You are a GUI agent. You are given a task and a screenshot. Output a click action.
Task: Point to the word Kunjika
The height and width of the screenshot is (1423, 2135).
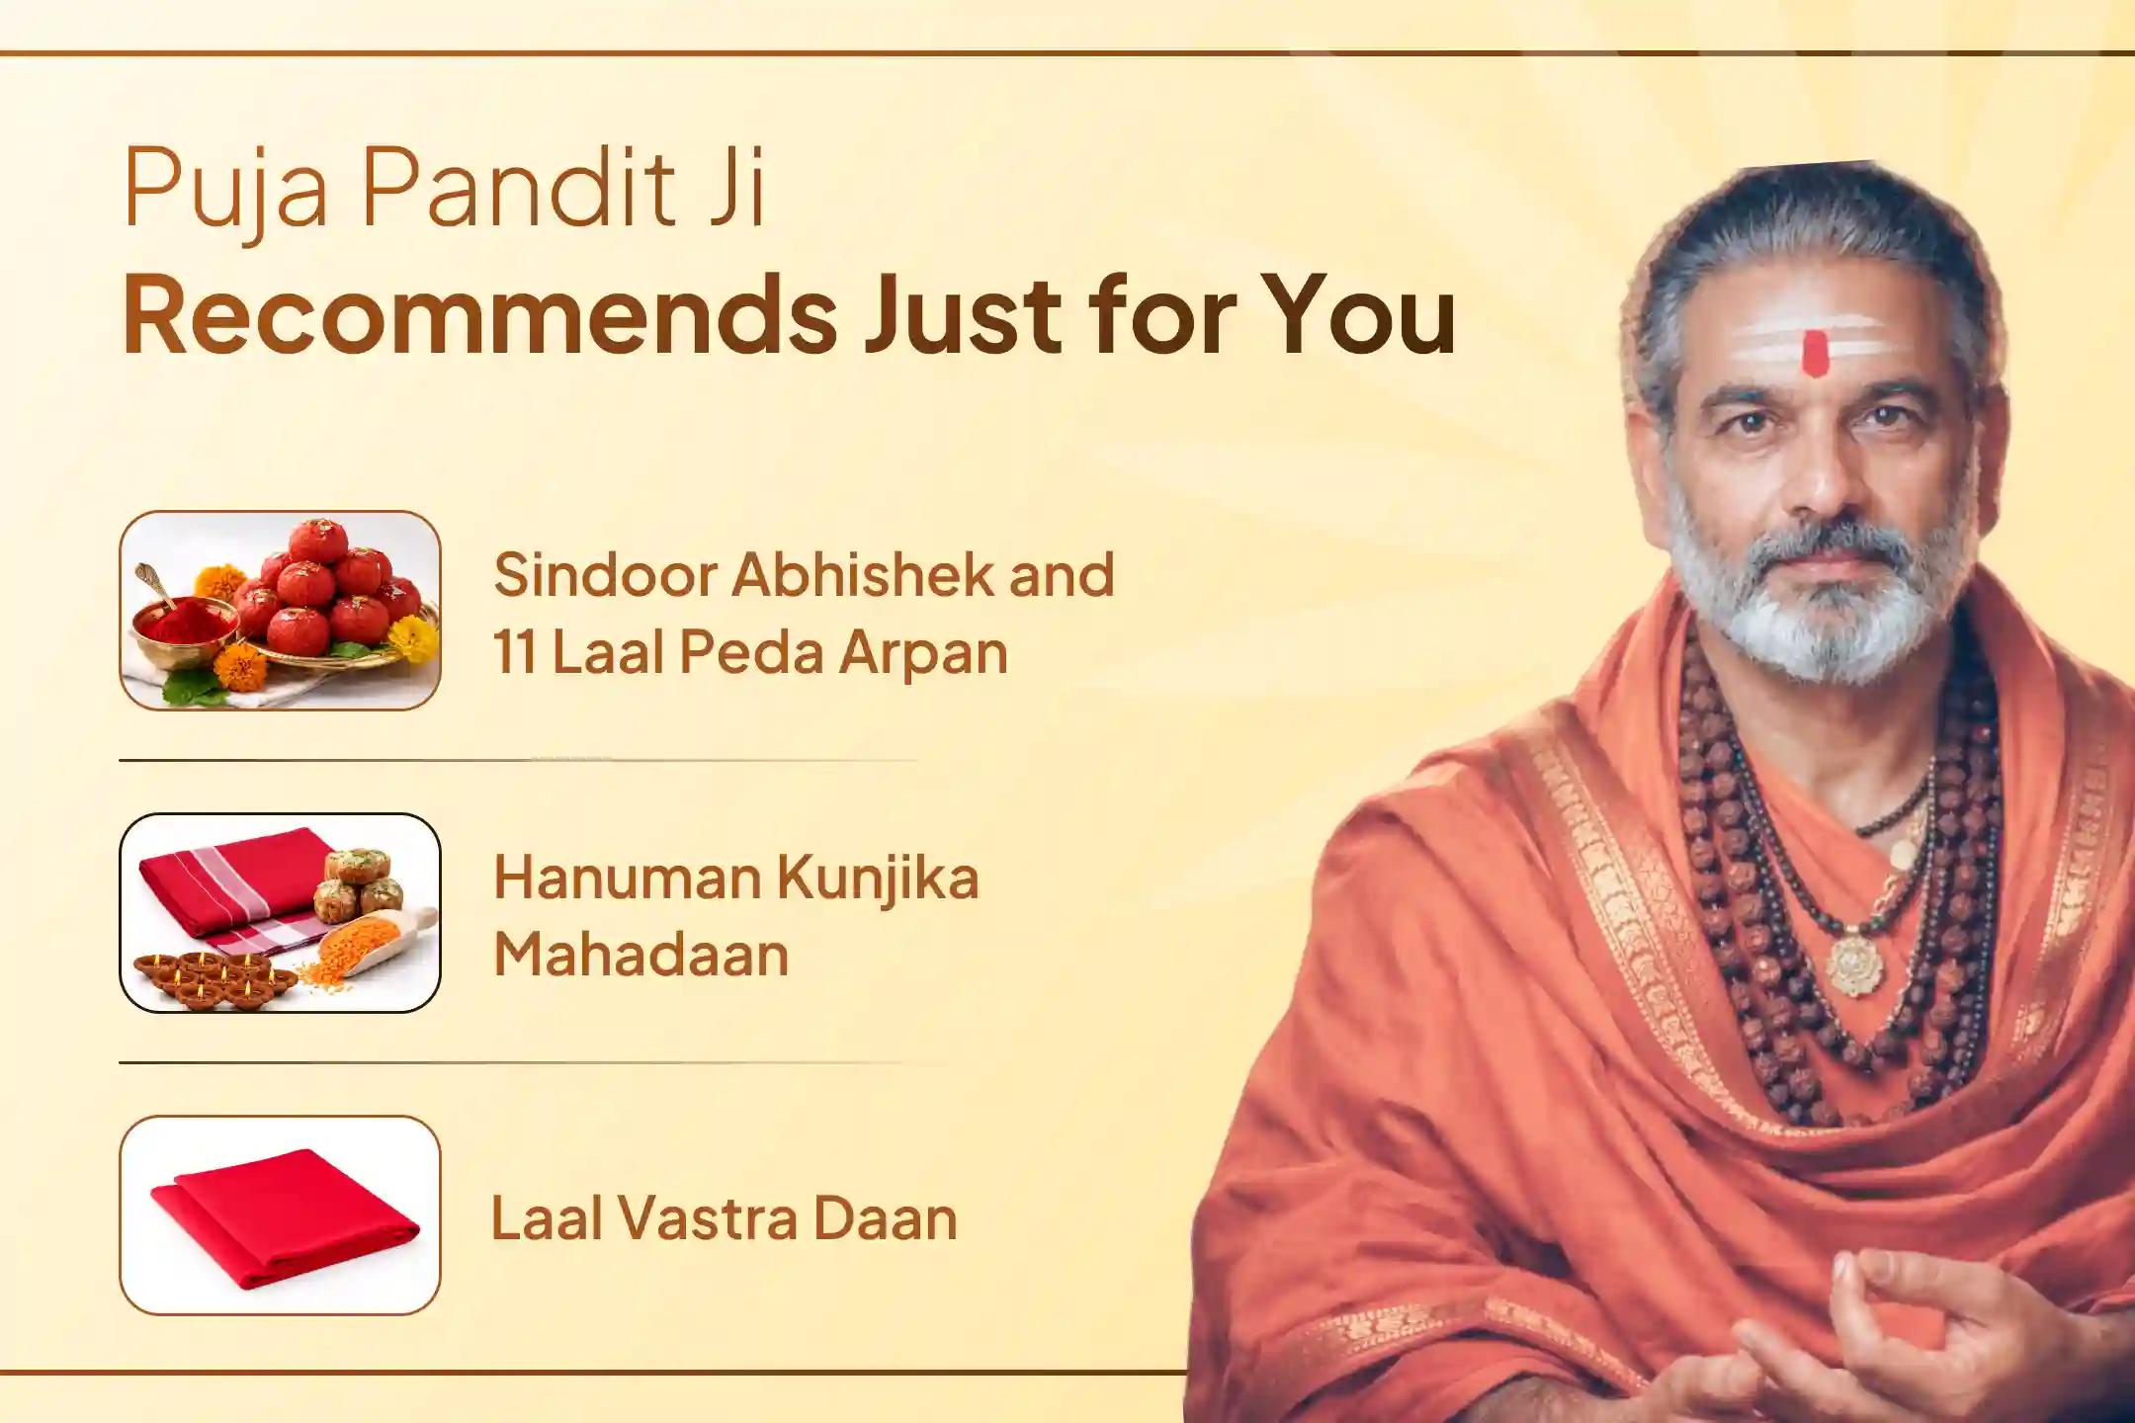(877, 878)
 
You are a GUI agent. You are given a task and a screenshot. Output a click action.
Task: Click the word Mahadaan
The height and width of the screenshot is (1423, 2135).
(640, 955)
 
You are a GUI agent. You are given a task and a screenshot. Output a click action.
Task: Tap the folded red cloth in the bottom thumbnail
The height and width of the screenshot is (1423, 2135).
(285, 1220)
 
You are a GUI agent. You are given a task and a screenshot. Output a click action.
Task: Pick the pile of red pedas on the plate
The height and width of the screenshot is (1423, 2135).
(331, 593)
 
